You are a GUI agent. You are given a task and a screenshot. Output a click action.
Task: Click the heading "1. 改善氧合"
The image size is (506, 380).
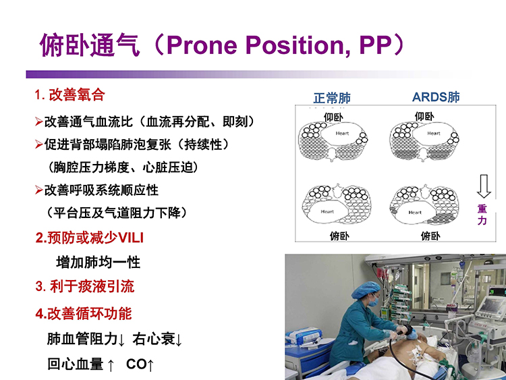(69, 95)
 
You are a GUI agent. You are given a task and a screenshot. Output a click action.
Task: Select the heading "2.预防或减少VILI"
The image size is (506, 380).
(89, 238)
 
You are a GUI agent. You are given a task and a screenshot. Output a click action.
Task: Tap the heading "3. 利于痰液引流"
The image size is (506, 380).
(85, 286)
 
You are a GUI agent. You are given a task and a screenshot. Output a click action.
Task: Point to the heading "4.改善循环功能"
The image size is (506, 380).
(84, 313)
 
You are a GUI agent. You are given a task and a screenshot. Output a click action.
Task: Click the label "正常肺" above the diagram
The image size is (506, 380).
(332, 98)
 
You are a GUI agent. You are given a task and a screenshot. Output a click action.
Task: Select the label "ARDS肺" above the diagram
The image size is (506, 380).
(436, 97)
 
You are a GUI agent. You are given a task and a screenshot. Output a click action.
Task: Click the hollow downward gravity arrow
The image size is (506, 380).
(484, 186)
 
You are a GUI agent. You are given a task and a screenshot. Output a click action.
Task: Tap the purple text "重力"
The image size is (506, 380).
(482, 215)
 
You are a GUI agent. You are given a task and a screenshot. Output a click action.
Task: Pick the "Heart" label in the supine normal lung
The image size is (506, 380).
(342, 133)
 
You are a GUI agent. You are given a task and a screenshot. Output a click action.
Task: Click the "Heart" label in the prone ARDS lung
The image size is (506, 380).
(415, 213)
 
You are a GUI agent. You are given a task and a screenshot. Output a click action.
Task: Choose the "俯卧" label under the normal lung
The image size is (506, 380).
(339, 236)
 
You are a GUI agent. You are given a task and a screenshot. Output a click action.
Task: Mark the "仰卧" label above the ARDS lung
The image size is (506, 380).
(424, 116)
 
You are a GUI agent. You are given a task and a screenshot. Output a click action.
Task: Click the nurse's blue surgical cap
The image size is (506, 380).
(365, 290)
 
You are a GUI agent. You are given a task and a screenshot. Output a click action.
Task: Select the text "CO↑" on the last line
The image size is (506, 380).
(140, 364)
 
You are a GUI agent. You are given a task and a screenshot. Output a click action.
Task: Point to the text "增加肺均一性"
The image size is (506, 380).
(98, 262)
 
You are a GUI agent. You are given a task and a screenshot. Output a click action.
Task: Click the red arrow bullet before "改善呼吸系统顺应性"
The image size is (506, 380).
(38, 190)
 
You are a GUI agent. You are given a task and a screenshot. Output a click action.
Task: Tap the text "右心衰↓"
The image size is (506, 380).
(157, 339)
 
